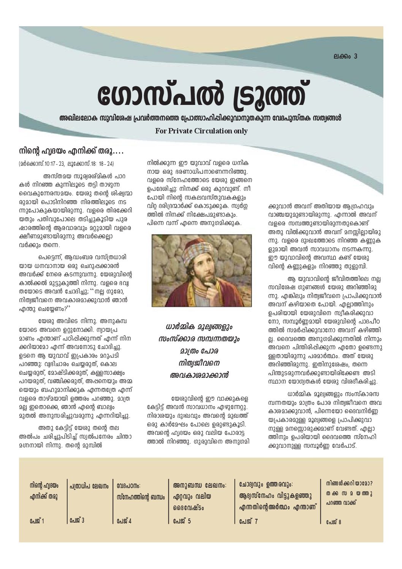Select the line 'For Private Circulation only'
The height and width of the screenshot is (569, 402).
(x=201, y=131)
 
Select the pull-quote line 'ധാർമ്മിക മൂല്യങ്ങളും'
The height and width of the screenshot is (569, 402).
(x=200, y=327)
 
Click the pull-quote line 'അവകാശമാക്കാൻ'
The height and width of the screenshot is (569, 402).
(x=200, y=375)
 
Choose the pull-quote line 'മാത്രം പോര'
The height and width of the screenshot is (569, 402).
(x=200, y=351)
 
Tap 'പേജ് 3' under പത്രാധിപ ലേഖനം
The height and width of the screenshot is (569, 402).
(x=77, y=520)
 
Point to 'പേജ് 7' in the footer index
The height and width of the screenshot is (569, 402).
(x=248, y=521)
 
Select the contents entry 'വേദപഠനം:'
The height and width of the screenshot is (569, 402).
(x=129, y=486)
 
